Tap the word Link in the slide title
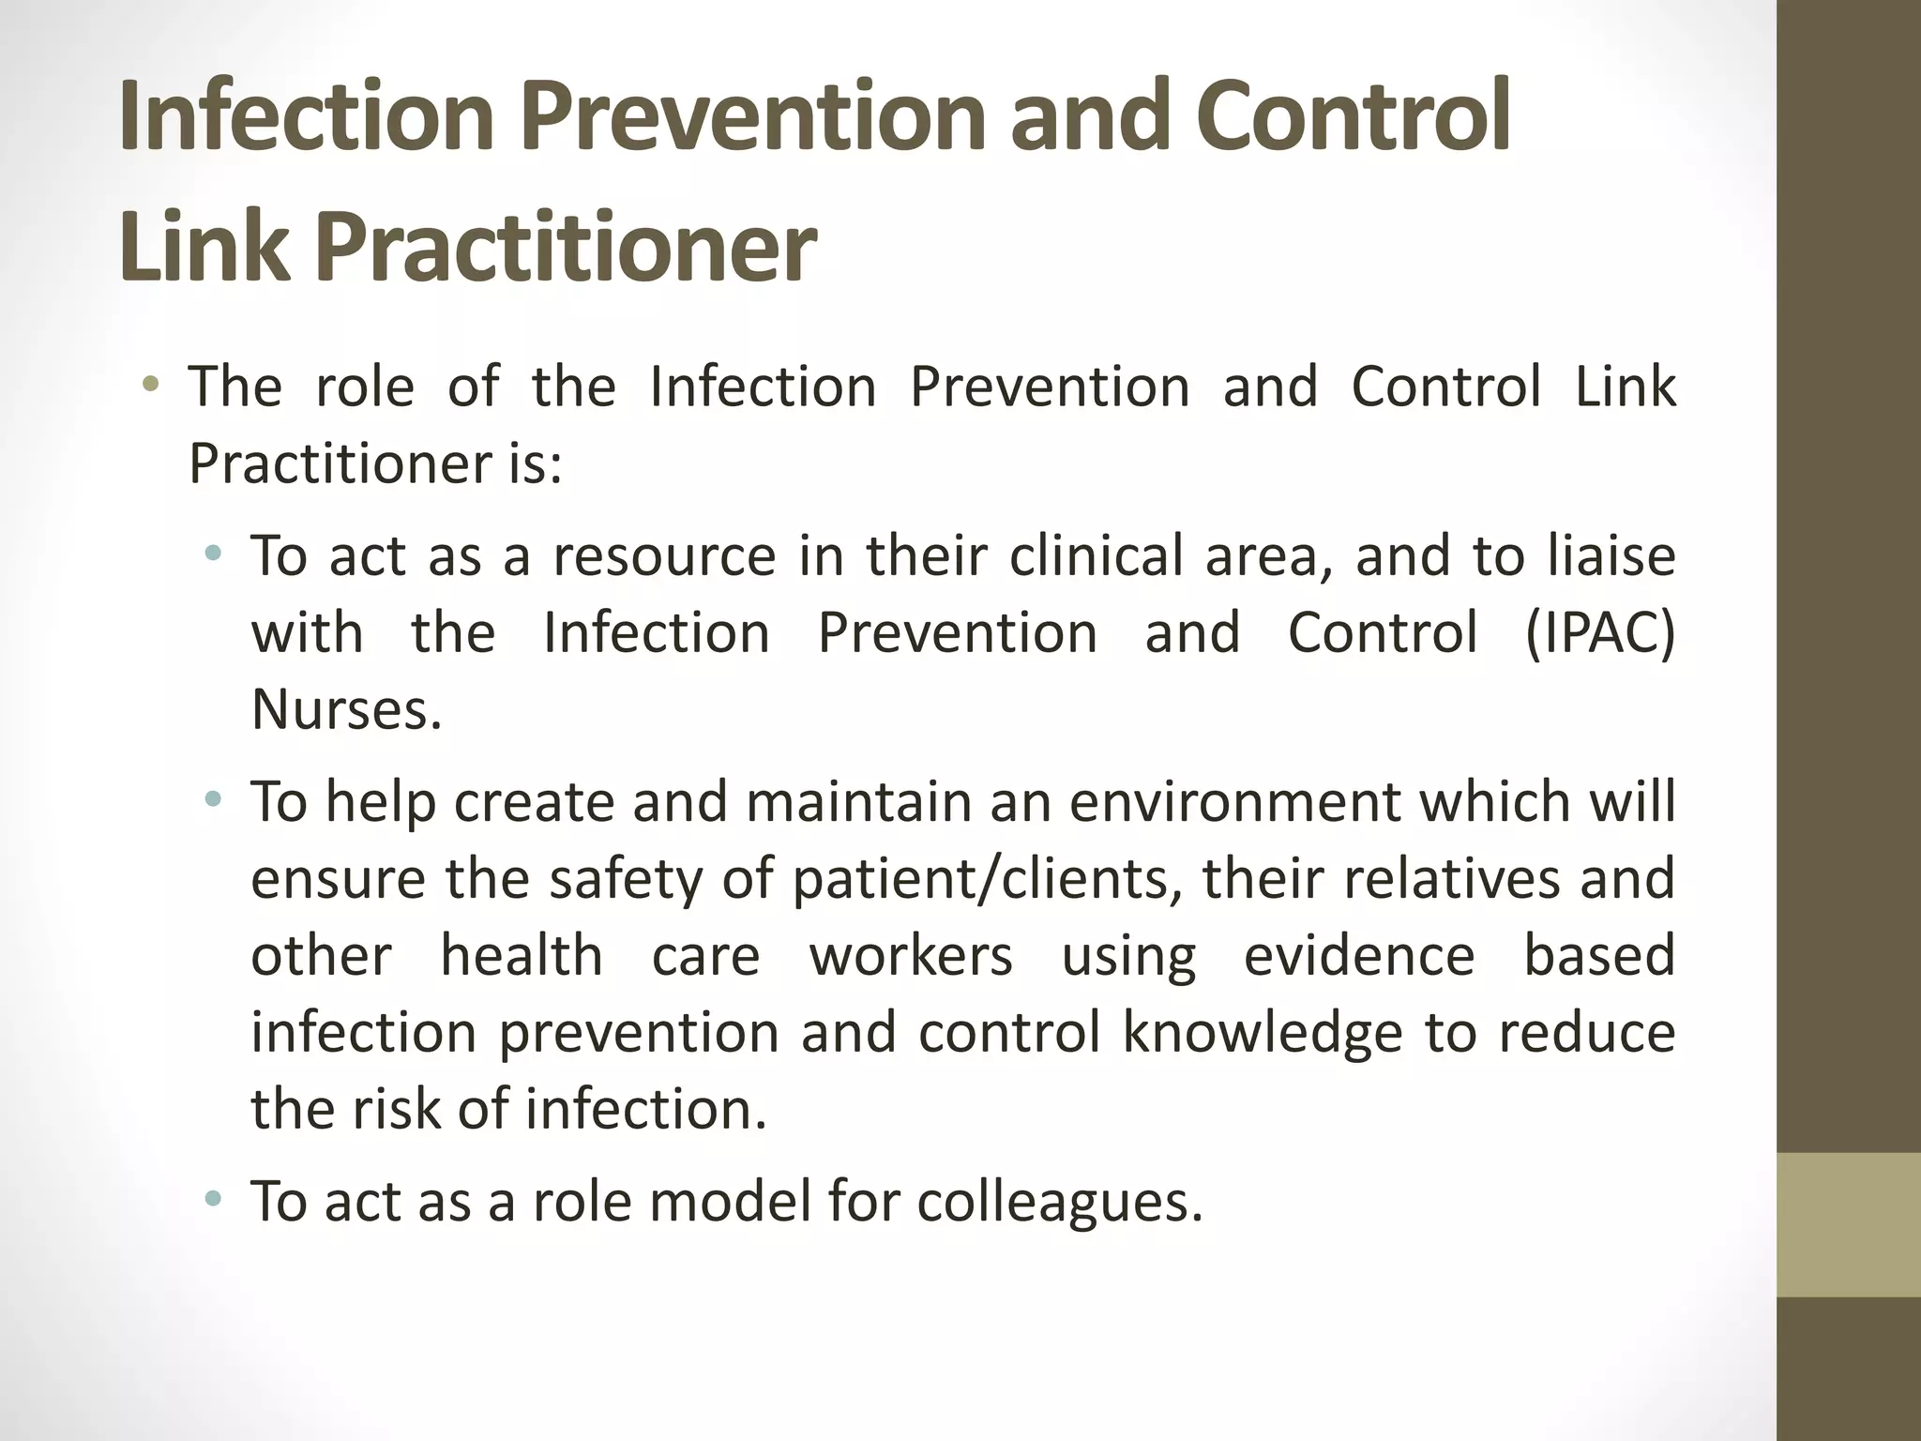(204, 246)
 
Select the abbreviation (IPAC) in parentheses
(1599, 633)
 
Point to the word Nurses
(346, 710)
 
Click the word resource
(664, 556)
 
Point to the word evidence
(1359, 957)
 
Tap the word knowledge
(1263, 1034)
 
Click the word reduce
(1586, 1034)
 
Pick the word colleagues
(1060, 1203)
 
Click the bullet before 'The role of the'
(151, 385)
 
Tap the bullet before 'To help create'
(214, 800)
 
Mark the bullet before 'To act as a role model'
(214, 1198)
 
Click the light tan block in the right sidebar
(1849, 1224)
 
